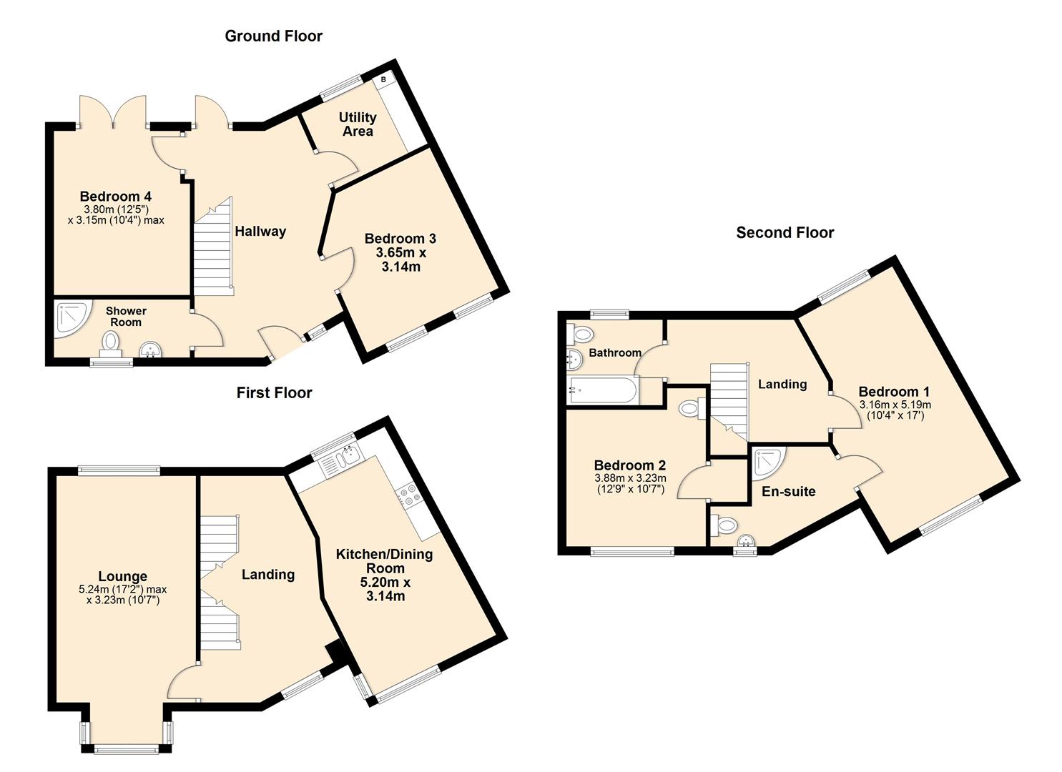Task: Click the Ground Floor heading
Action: click(x=273, y=36)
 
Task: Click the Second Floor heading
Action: click(x=785, y=232)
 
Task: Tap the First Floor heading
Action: click(x=274, y=392)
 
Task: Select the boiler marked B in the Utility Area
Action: click(x=383, y=79)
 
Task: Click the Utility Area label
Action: click(x=358, y=124)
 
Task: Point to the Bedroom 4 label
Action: click(x=115, y=196)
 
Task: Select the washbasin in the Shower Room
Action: click(x=151, y=350)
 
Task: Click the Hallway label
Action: click(x=260, y=231)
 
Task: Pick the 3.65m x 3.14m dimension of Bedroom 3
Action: click(x=400, y=259)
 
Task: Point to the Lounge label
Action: click(x=123, y=576)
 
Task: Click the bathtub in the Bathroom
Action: click(x=602, y=390)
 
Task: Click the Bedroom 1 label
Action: click(x=894, y=391)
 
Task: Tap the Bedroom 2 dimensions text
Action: click(x=630, y=484)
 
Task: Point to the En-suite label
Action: click(x=788, y=491)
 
